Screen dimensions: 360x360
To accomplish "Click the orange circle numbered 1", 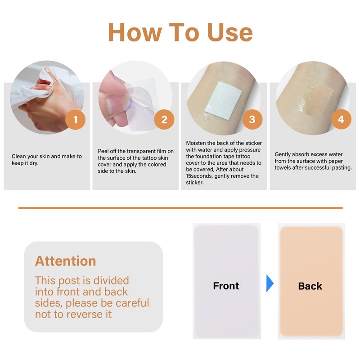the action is (75, 120).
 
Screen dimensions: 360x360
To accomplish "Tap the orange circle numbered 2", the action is (164, 120).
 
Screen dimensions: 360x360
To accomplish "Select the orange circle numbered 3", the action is (252, 119).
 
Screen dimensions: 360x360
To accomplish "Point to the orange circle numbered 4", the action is (341, 119).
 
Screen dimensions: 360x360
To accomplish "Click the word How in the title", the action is (135, 32).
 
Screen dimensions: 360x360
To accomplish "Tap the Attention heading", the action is (65, 261).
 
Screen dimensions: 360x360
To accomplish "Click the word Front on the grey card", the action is (226, 286).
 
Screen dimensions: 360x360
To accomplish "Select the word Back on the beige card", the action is (310, 286).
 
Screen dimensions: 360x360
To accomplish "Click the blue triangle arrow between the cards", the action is (270, 283).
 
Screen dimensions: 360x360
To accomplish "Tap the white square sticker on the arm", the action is (223, 101).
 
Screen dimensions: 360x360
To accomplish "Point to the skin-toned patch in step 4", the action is (316, 100).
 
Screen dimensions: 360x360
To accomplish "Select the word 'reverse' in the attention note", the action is (84, 314).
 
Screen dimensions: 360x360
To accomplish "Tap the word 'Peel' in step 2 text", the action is (103, 151).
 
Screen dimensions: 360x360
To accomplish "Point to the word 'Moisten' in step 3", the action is (196, 143).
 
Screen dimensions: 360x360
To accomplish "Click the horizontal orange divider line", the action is (180, 208).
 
